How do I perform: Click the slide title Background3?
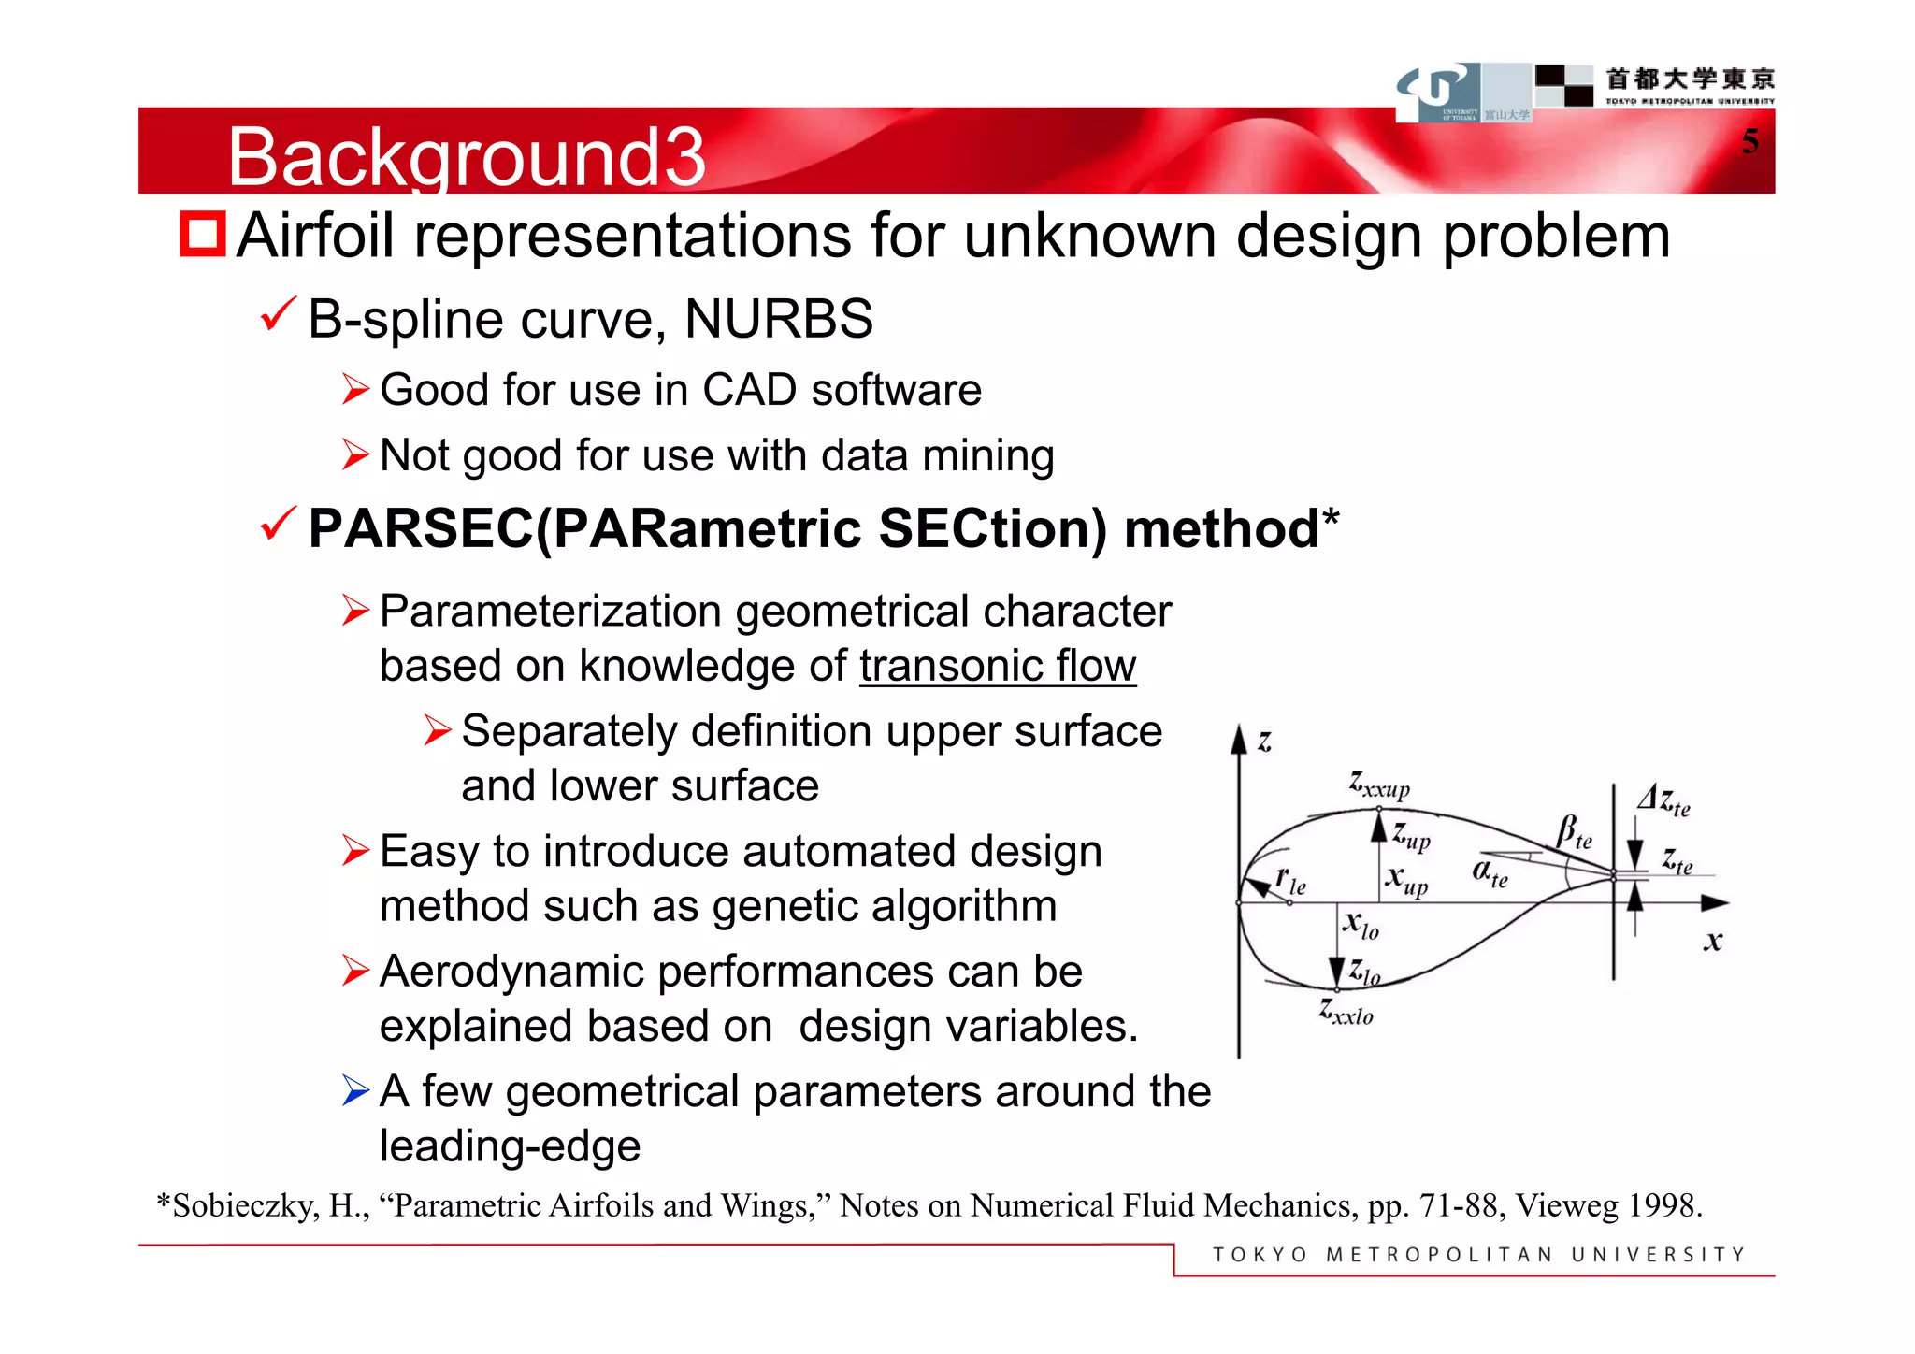[x=466, y=157]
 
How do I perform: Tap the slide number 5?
[x=1749, y=141]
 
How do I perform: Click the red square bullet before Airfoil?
[x=203, y=234]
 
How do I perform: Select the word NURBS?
[x=778, y=319]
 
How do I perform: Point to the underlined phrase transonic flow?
[x=997, y=667]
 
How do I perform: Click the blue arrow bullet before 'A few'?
[x=356, y=1090]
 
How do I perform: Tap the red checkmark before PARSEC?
[x=279, y=524]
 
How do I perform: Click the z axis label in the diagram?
[x=1264, y=742]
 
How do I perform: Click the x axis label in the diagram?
[x=1712, y=941]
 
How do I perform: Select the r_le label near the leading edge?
[x=1290, y=879]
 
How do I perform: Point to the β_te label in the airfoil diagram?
[x=1574, y=830]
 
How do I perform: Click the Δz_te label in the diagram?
[x=1663, y=800]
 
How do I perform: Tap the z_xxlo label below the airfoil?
[x=1346, y=1011]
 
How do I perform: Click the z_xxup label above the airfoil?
[x=1378, y=784]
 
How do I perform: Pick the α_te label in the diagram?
[x=1490, y=872]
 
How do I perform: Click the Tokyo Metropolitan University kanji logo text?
[x=1690, y=79]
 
